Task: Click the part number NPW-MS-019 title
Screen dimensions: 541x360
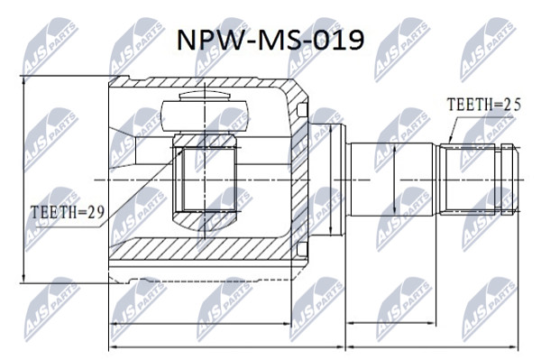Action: pyautogui.click(x=270, y=40)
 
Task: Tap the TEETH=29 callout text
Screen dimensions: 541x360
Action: pyautogui.click(x=68, y=212)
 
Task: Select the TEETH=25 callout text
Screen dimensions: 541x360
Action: pyautogui.click(x=483, y=105)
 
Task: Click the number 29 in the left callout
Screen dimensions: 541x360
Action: pyautogui.click(x=96, y=212)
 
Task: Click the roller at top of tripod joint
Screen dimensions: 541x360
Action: pyautogui.click(x=205, y=115)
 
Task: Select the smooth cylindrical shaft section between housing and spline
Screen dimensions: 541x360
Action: pyautogui.click(x=391, y=180)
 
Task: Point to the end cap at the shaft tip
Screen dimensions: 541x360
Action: pyautogui.click(x=509, y=180)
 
